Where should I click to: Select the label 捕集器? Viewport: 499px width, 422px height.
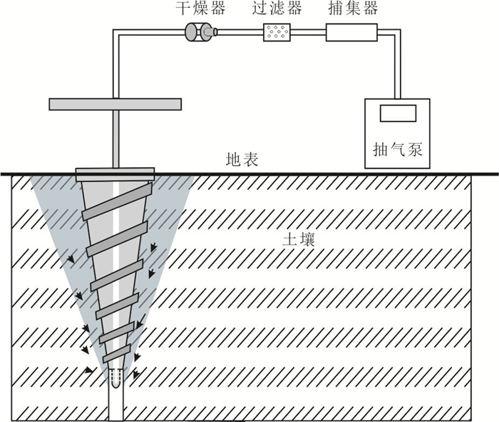point(351,9)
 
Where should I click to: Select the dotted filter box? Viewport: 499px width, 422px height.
point(277,32)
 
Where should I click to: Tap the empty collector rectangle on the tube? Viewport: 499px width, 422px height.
point(350,32)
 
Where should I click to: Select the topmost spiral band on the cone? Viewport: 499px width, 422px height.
point(115,201)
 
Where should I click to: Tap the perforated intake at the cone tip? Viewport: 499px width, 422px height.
point(115,374)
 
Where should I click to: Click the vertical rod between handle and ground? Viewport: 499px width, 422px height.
point(114,139)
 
